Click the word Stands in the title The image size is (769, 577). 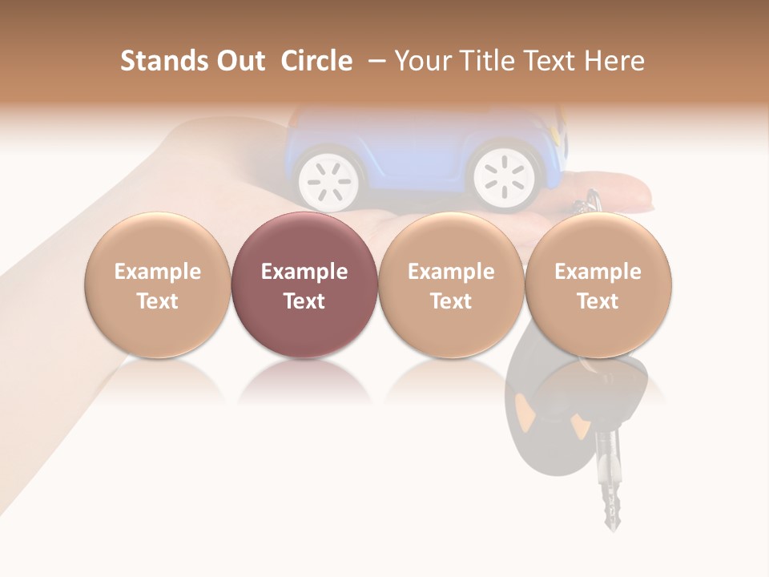pyautogui.click(x=163, y=61)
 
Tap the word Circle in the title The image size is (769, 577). pyautogui.click(x=316, y=61)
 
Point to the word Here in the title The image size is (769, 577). pyautogui.click(x=616, y=61)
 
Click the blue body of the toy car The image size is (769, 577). pyautogui.click(x=417, y=144)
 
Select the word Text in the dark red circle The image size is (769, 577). pyautogui.click(x=304, y=301)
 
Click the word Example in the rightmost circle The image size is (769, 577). pyautogui.click(x=598, y=272)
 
